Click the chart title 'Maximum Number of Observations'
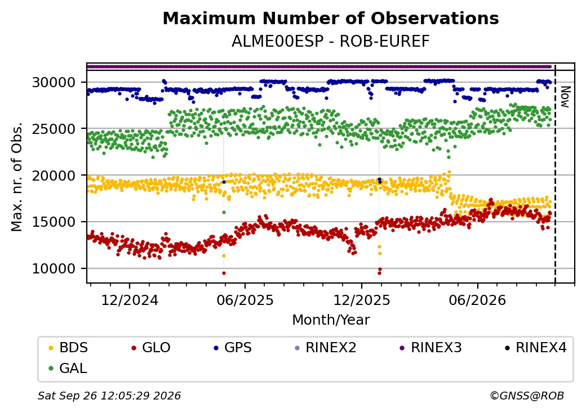coord(331,18)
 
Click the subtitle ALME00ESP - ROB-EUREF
coord(331,41)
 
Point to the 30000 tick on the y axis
coord(54,82)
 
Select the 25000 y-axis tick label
coord(54,129)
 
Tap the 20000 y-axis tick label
coord(54,176)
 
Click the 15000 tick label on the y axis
coord(54,222)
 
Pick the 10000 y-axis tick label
coord(54,268)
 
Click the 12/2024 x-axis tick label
coord(130,300)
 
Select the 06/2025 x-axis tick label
coord(245,300)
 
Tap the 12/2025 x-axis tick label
coord(361,300)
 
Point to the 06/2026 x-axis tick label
coord(477,300)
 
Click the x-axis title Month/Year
coord(331,320)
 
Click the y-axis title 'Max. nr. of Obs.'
coord(17,177)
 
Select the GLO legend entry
coord(151,348)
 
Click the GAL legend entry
coord(68,368)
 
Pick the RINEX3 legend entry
coord(430,348)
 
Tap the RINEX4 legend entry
coord(535,348)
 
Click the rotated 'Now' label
coord(566,97)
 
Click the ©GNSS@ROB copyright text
coord(527,396)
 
